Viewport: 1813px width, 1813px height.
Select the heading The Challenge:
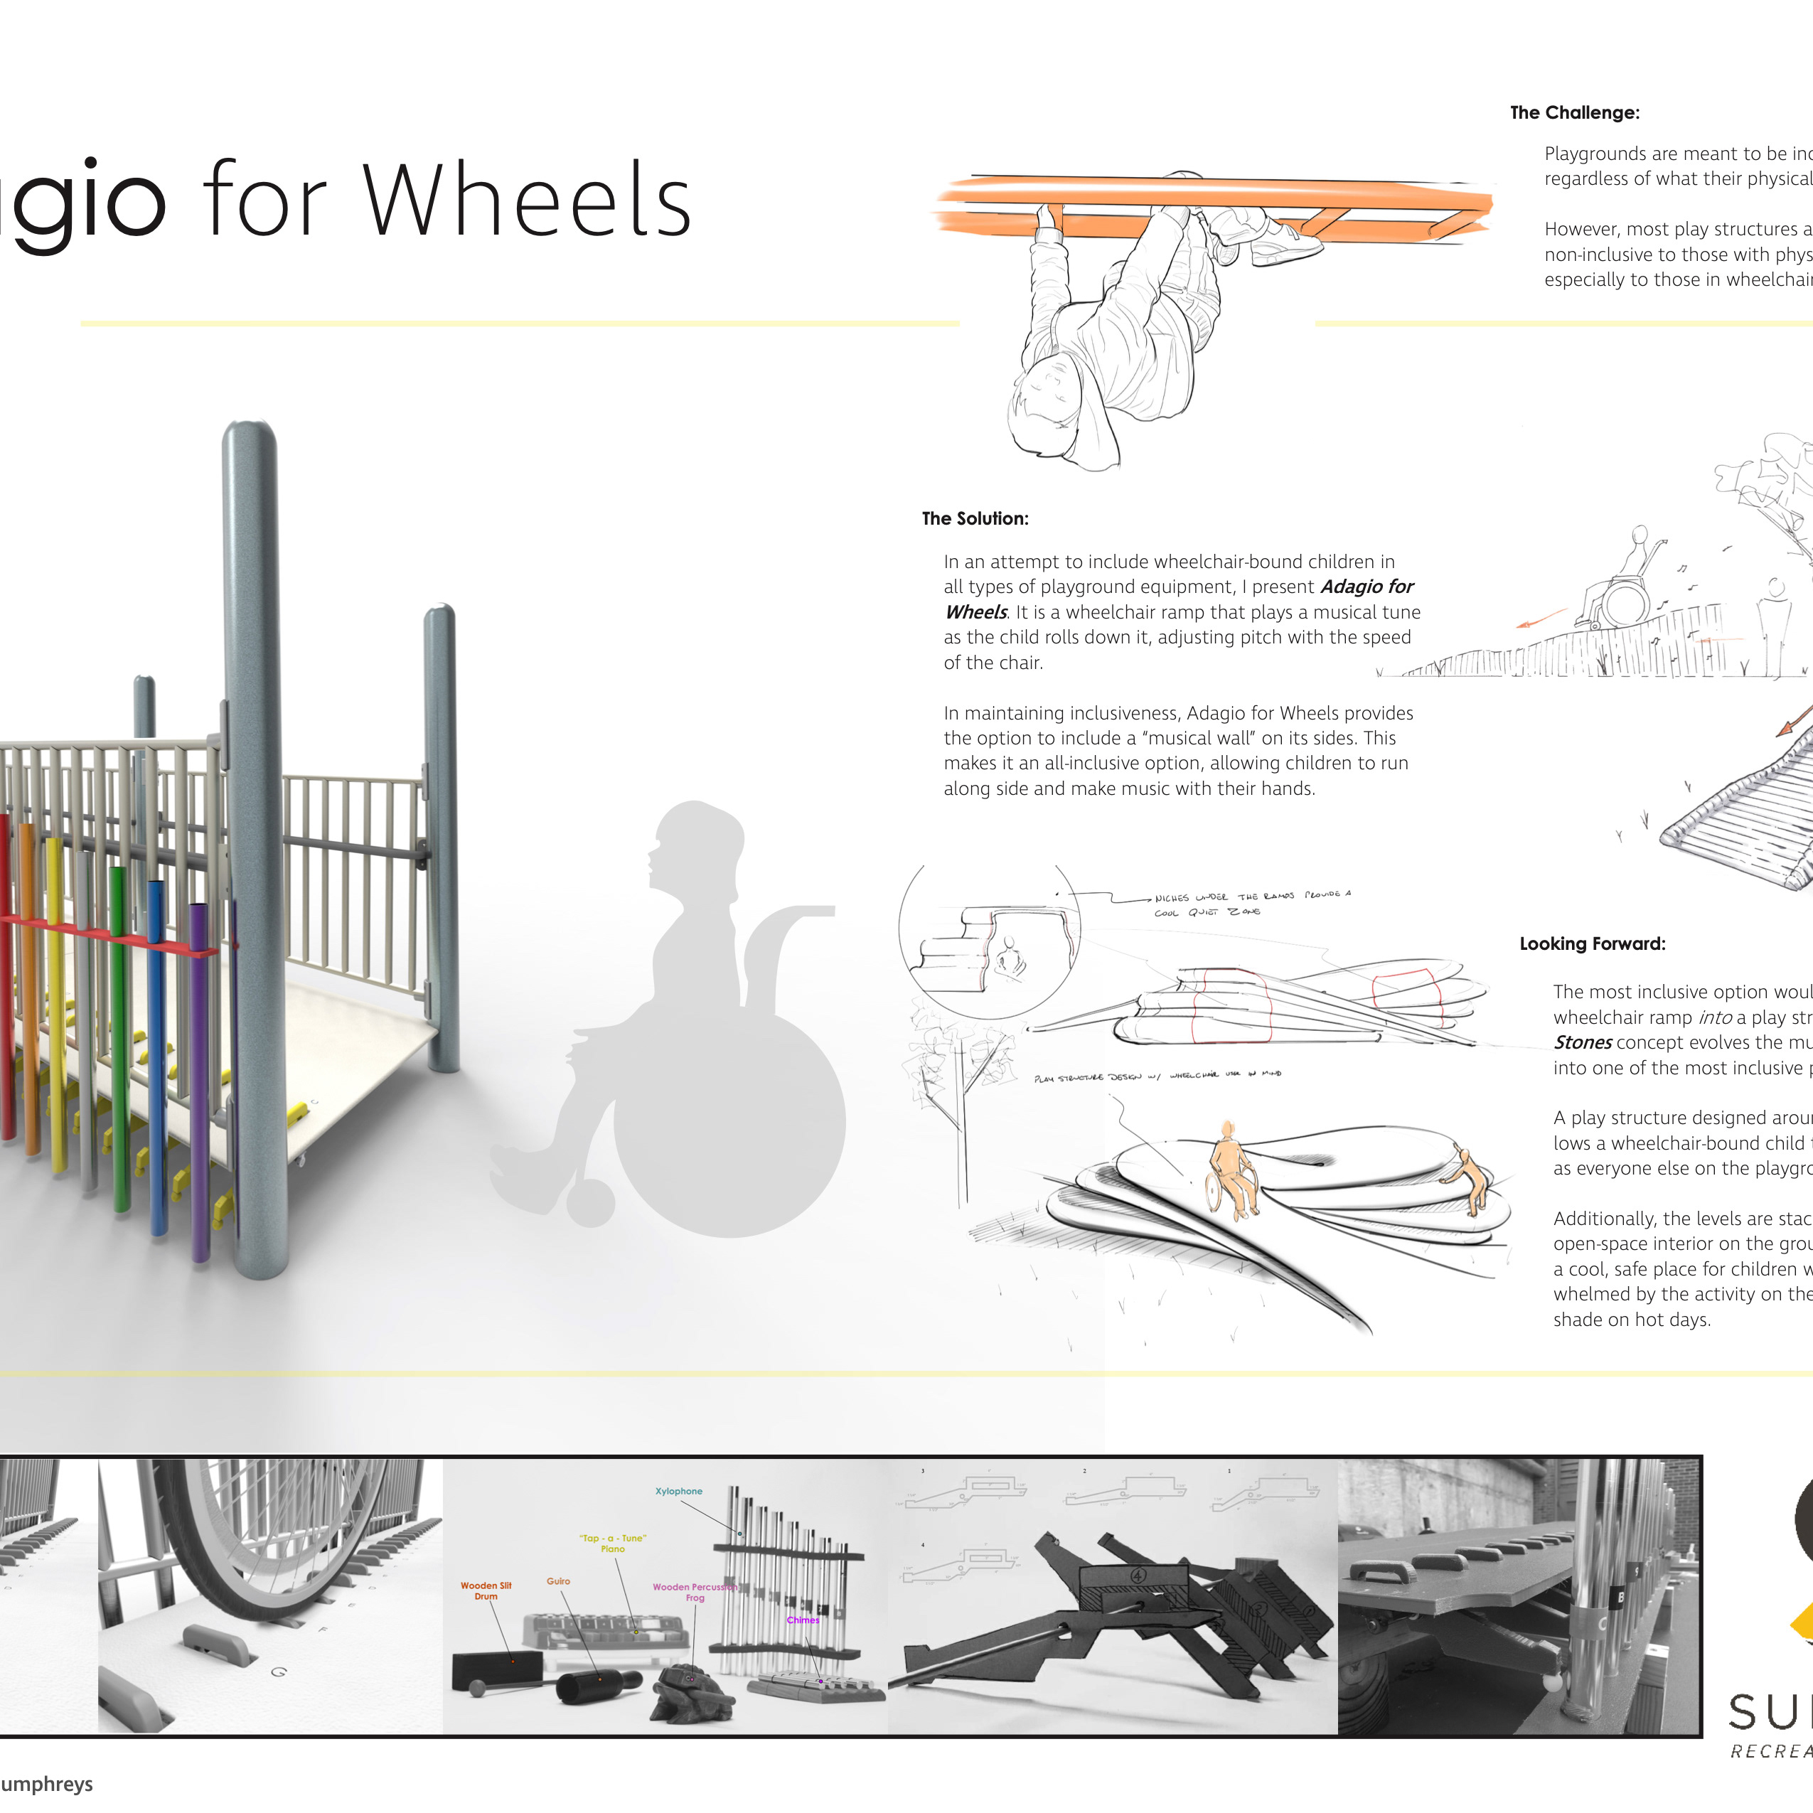click(x=1575, y=112)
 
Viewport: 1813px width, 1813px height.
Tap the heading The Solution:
click(x=975, y=518)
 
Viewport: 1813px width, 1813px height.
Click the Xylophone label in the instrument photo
click(x=678, y=1491)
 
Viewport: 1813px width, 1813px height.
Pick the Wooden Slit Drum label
click(x=486, y=1590)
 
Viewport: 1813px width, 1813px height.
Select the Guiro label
click(x=558, y=1581)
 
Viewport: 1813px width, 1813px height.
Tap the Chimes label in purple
click(x=802, y=1620)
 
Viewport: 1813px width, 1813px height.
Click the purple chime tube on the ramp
click(x=199, y=1079)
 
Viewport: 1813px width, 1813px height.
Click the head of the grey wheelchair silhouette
click(x=695, y=845)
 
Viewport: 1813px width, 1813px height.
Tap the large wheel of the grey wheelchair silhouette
click(x=729, y=1117)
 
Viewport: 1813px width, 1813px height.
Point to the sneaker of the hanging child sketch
click(x=1285, y=246)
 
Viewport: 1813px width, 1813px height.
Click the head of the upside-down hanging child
click(x=1051, y=394)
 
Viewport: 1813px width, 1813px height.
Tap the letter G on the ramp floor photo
click(x=279, y=1672)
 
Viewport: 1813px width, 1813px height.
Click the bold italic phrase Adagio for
click(x=1367, y=587)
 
